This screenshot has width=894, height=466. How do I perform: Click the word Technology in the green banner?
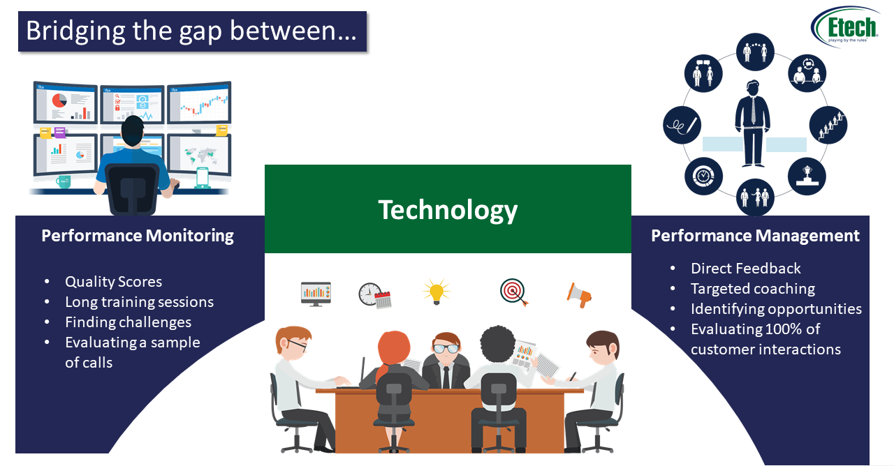pos(448,209)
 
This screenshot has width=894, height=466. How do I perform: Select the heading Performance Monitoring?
pos(138,236)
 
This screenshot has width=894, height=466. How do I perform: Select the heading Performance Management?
pos(755,236)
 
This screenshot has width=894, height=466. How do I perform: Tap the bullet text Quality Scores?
pos(113,282)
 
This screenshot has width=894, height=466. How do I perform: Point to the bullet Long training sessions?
pos(139,302)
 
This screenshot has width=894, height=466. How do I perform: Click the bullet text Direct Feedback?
pos(745,269)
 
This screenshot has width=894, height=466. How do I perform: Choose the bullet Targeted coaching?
pos(752,289)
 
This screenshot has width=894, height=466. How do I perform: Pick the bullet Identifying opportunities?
pos(776,309)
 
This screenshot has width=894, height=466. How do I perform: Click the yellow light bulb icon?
pos(436,292)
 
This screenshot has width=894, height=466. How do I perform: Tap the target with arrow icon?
pos(513,292)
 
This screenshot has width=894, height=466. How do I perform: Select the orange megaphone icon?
pos(579,294)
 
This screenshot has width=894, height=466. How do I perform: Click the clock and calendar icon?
pos(374,295)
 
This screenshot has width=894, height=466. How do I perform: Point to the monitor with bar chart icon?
pos(316,293)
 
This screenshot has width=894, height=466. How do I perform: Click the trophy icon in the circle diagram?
pos(807,176)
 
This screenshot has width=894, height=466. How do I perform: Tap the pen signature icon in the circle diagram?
pos(682,126)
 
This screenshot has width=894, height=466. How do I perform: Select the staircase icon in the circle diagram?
pos(828,125)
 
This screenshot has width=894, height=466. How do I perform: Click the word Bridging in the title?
pos(68,31)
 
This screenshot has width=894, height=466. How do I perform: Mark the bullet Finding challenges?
pos(128,322)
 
